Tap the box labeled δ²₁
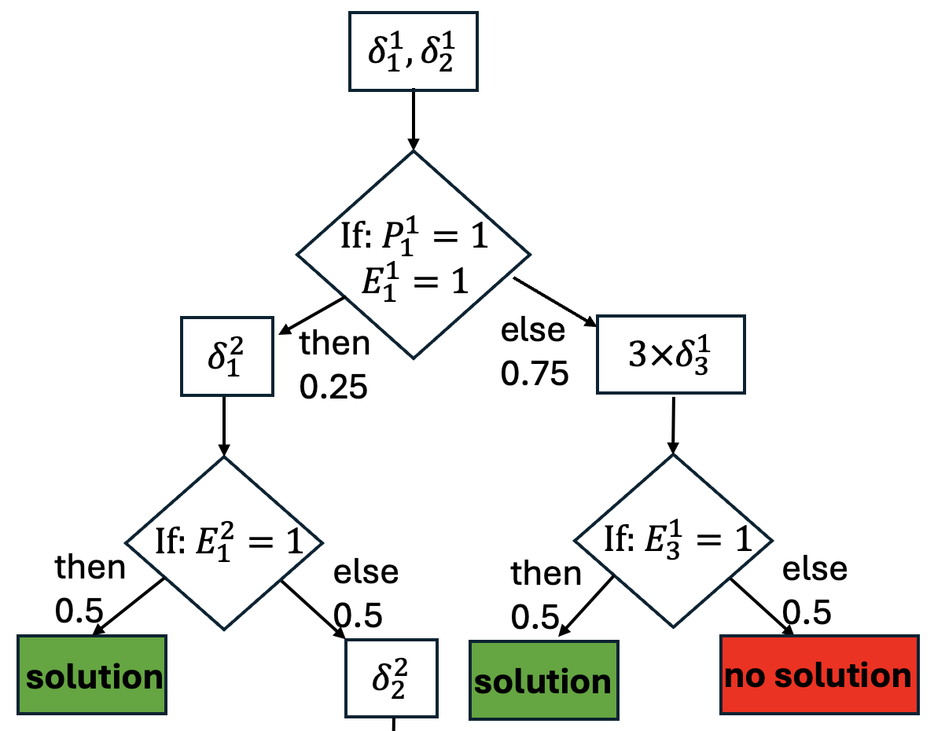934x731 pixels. (227, 355)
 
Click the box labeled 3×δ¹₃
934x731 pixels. (671, 354)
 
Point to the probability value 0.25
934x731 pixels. (333, 387)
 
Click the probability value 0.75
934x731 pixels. (535, 374)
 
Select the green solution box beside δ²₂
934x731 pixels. (92, 675)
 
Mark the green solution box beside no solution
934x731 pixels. (542, 681)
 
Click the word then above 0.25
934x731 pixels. (335, 343)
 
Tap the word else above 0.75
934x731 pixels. (533, 331)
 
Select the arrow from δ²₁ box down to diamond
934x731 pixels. (225, 424)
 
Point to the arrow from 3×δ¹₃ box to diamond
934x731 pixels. (672, 424)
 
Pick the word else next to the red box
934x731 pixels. (814, 569)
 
